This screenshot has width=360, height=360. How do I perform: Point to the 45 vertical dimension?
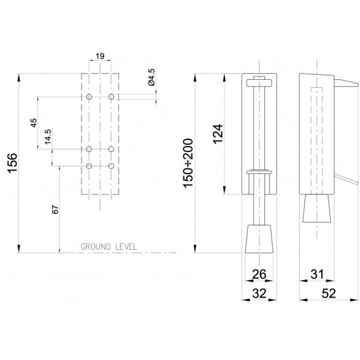coord(34,122)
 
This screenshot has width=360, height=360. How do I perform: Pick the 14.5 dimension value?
coord(48,138)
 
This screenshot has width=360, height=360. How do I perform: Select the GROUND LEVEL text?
coord(109,247)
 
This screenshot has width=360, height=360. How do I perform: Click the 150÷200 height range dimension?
coord(189,163)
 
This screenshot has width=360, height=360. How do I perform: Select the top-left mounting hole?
coord(89,97)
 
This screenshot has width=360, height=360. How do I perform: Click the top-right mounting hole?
coord(111,97)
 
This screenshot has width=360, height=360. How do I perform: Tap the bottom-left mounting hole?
coord(89,166)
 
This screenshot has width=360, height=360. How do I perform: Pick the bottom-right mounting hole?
coord(111,166)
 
